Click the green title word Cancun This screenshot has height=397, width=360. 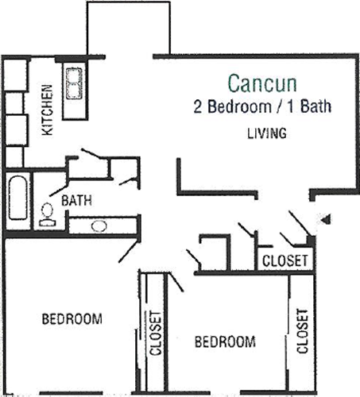pyautogui.click(x=262, y=83)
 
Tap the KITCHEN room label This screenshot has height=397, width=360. pyautogui.click(x=48, y=110)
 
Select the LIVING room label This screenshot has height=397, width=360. pyautogui.click(x=267, y=133)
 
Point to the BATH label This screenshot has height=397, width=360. pyautogui.click(x=76, y=201)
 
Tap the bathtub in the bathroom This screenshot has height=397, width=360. pyautogui.click(x=18, y=198)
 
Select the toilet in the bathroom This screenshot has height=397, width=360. pyautogui.click(x=48, y=214)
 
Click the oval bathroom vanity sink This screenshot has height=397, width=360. pyautogui.click(x=99, y=226)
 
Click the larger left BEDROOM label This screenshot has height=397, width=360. pyautogui.click(x=72, y=318)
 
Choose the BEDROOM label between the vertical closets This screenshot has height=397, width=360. pyautogui.click(x=225, y=341)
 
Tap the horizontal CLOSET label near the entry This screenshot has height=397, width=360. pyautogui.click(x=285, y=260)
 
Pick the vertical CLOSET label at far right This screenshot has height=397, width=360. pyautogui.click(x=302, y=331)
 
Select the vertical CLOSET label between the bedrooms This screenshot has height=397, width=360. pyautogui.click(x=156, y=333)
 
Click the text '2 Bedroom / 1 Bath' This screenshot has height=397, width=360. pyautogui.click(x=262, y=106)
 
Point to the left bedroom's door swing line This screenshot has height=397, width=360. pyautogui.click(x=129, y=251)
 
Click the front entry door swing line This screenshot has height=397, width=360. pyautogui.click(x=300, y=223)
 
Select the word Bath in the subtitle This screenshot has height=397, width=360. pyautogui.click(x=315, y=106)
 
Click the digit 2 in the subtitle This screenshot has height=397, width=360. pyautogui.click(x=198, y=106)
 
